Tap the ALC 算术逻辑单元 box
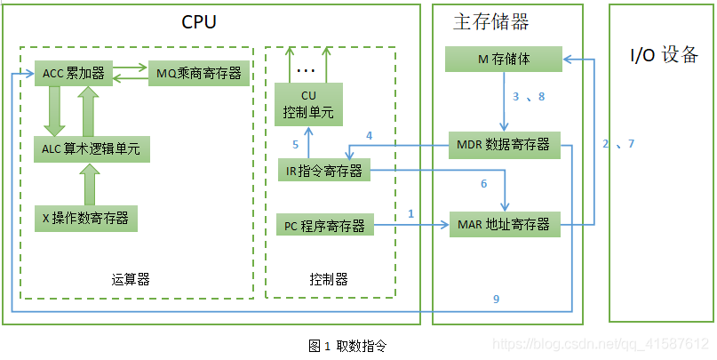click(92, 148)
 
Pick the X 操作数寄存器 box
click(85, 216)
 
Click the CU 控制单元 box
click(308, 104)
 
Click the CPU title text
click(200, 22)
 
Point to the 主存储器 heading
click(491, 23)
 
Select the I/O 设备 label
click(664, 55)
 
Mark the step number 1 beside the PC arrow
click(410, 213)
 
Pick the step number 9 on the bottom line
click(496, 300)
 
